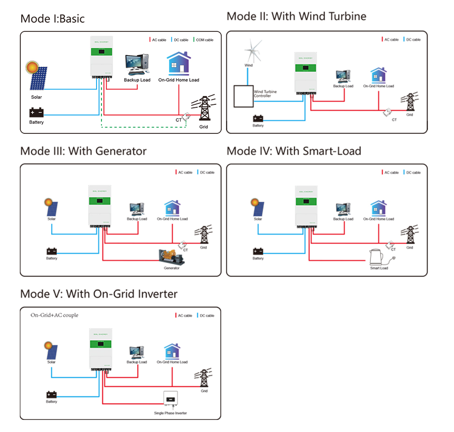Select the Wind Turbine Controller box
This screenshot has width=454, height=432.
click(x=243, y=97)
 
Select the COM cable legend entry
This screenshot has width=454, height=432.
click(x=203, y=40)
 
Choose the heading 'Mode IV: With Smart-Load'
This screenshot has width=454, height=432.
click(x=294, y=151)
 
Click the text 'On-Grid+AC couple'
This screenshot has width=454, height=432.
click(x=54, y=315)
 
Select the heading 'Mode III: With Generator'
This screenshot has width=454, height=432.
click(x=83, y=151)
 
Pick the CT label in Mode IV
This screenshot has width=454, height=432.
click(x=393, y=250)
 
